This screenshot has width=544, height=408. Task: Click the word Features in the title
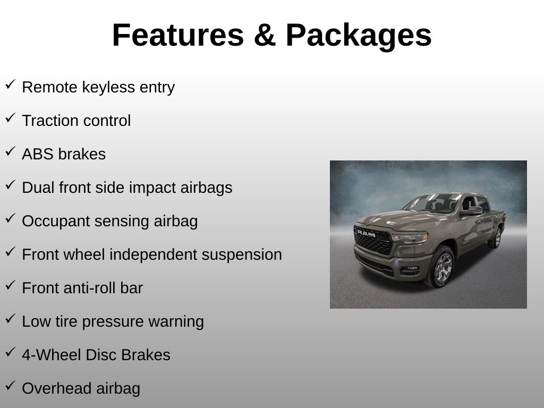coord(178,35)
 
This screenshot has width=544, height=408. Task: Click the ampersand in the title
coord(265,35)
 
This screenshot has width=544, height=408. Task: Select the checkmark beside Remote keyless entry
coord(11,84)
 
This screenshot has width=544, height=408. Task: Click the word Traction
coord(50,121)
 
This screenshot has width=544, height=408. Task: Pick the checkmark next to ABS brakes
coord(11,151)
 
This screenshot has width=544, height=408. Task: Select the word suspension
coord(242,254)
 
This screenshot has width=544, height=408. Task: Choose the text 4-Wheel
coord(52,355)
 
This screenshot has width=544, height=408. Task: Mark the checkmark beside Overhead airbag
coord(11,386)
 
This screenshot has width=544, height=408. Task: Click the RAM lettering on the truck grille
coord(367,234)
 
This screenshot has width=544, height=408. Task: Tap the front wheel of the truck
coord(441,267)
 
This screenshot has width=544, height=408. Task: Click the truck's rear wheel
coord(496,237)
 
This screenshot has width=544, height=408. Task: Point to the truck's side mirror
coord(472,210)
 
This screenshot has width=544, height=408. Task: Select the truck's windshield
coord(432,202)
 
